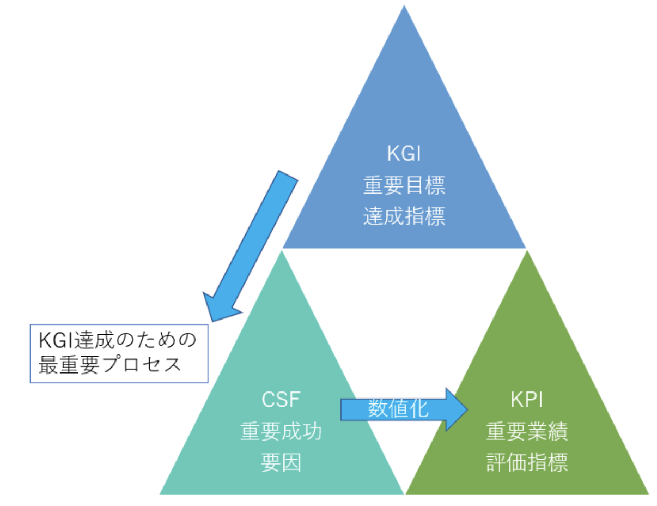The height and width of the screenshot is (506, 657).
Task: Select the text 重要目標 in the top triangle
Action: [404, 185]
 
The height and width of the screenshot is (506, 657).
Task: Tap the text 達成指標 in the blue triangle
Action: [404, 216]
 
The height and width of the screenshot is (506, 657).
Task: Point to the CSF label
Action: [281, 400]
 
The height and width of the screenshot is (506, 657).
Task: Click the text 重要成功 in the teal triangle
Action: [281, 432]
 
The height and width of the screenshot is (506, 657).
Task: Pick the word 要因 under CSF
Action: [281, 463]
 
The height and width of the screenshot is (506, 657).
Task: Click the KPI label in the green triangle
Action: [526, 400]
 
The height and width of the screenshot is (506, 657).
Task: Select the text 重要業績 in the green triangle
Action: [526, 432]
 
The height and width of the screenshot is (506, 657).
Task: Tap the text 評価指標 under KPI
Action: [526, 463]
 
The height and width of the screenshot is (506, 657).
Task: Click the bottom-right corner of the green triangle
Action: [647, 493]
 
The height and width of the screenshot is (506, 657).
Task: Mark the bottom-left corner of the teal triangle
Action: [161, 493]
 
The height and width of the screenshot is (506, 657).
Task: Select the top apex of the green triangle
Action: [527, 251]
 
